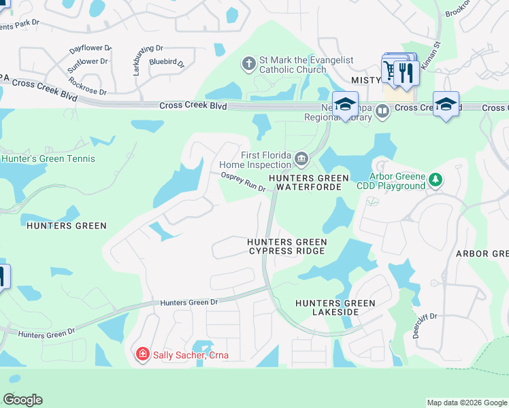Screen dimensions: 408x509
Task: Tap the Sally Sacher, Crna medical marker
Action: pos(142,354)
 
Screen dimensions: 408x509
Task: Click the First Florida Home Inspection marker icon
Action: pos(301,160)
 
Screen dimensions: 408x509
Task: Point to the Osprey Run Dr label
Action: pos(243,182)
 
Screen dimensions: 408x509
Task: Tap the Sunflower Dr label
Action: pos(87,65)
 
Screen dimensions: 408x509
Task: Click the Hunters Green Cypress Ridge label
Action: pos(286,246)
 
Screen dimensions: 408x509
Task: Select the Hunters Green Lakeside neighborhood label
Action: pos(335,307)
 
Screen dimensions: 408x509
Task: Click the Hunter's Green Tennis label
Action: pos(48,159)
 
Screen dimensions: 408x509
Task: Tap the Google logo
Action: pos(22,400)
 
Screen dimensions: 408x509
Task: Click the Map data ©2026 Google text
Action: pos(466,403)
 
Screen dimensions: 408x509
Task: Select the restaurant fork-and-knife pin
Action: pos(406,72)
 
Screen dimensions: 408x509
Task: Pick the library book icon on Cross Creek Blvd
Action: pos(382,110)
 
